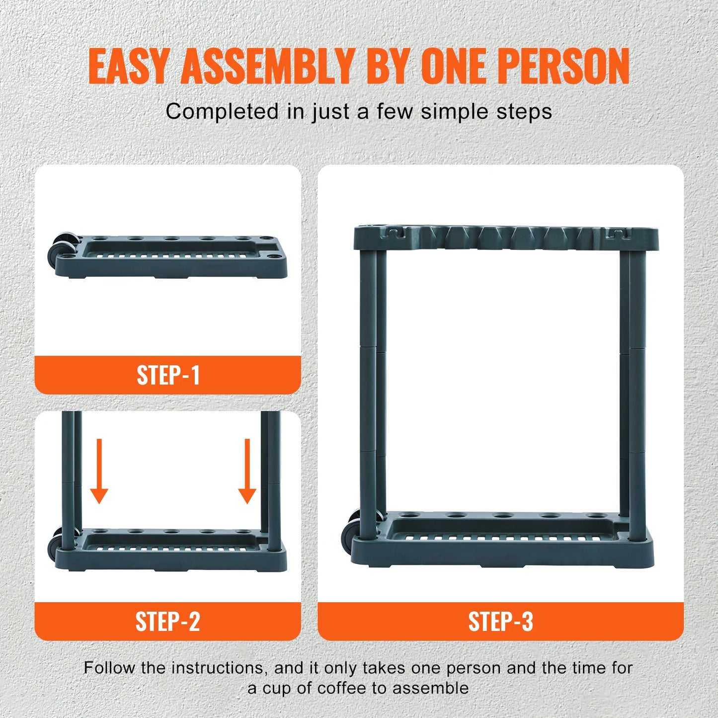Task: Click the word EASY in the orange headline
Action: click(129, 66)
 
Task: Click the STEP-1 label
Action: click(168, 375)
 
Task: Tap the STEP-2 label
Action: click(168, 622)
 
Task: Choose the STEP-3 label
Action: click(500, 622)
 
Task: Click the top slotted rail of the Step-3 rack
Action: click(506, 238)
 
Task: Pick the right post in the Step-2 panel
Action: click(270, 477)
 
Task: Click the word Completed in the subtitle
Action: click(222, 112)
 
